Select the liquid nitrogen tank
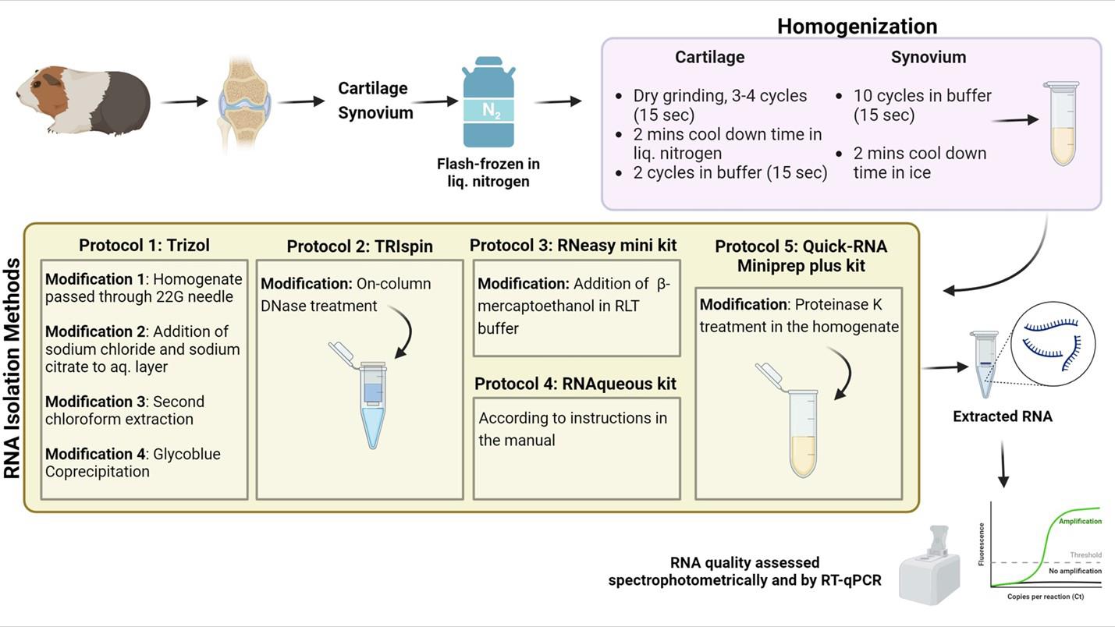pos(488,102)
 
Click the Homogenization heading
pos(857,26)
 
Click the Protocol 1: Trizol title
pos(144,245)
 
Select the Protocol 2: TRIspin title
pos(360,246)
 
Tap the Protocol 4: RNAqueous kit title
pos(575,384)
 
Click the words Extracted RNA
pos(1003,416)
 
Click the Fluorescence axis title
pos(981,544)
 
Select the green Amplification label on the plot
pos(1080,521)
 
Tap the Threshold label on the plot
pos(1085,554)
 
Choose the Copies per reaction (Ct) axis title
pos(1046,596)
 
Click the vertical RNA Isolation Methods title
pos(12,368)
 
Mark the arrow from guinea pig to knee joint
pos(184,101)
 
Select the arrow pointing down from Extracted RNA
pos(1003,464)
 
